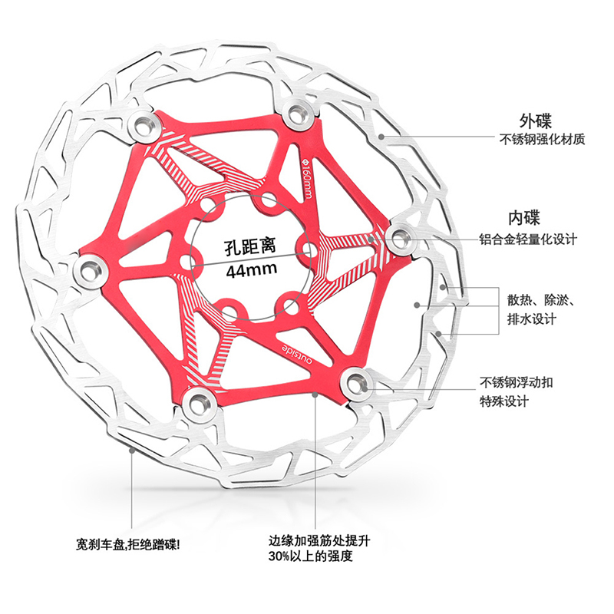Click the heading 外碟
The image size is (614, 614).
point(535,120)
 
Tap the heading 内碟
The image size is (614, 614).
point(524,218)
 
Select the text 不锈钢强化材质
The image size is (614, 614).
point(543,139)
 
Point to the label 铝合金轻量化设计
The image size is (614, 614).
point(528,239)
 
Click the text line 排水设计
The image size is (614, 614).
point(532,319)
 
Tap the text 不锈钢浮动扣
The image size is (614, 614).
point(517,382)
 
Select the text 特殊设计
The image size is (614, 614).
point(504,401)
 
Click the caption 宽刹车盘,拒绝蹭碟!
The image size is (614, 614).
point(128,544)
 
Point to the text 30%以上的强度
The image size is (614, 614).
point(310,556)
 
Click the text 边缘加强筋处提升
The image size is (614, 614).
point(319,541)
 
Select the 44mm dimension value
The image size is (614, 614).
point(252,270)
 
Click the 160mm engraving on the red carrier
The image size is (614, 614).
point(306,179)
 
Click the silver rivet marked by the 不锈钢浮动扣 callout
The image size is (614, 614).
point(356,381)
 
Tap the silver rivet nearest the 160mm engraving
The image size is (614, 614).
point(298,114)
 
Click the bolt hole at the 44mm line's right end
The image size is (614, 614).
point(305,249)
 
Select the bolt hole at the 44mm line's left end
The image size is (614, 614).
point(189,261)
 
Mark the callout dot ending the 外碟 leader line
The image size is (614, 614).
point(381,137)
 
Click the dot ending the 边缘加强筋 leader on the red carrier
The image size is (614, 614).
point(315,394)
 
